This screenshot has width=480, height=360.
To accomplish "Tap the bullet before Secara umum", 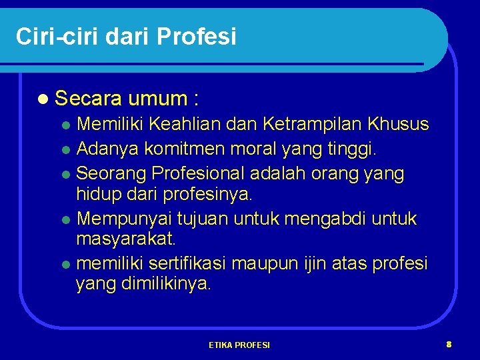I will pyautogui.click(x=43, y=100).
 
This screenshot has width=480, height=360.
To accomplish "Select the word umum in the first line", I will pyautogui.click(x=158, y=99).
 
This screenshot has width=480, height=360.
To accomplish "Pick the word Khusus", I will pyautogui.click(x=398, y=124).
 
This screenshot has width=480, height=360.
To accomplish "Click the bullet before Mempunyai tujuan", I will pyautogui.click(x=67, y=219).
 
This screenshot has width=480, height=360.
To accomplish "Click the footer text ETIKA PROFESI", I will pyautogui.click(x=239, y=345).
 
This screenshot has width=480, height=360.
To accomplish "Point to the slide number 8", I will pyautogui.click(x=449, y=345).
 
